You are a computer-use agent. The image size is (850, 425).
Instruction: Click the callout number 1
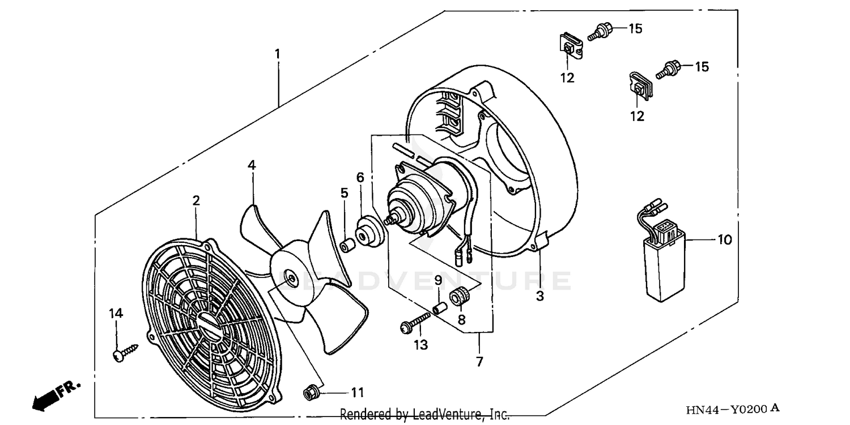(277, 54)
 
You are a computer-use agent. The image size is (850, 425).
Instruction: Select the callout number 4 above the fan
(252, 165)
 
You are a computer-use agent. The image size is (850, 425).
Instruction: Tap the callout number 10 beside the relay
(725, 240)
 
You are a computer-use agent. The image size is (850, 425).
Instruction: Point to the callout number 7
(479, 361)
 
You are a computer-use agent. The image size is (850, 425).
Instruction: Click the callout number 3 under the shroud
(539, 296)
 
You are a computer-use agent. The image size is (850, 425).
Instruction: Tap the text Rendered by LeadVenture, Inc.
(424, 414)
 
